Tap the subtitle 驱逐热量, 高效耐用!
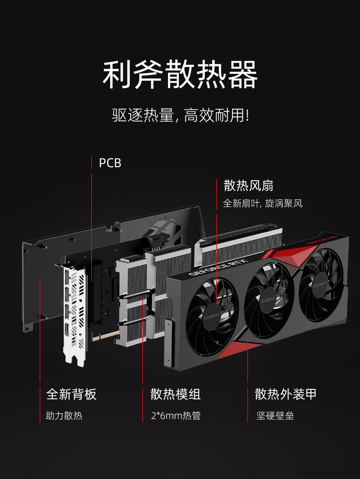[x=180, y=115]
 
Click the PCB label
[x=110, y=163]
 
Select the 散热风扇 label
[x=248, y=186]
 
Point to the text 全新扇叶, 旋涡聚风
[x=262, y=203]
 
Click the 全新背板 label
[x=71, y=394]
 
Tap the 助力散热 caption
[x=64, y=416]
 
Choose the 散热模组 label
[x=175, y=394]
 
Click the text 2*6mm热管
[x=176, y=416]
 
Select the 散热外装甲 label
[x=285, y=394]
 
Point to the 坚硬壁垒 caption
[x=275, y=416]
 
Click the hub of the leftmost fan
[x=212, y=317]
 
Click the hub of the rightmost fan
[x=320, y=285]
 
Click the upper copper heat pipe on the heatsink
[x=134, y=295]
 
